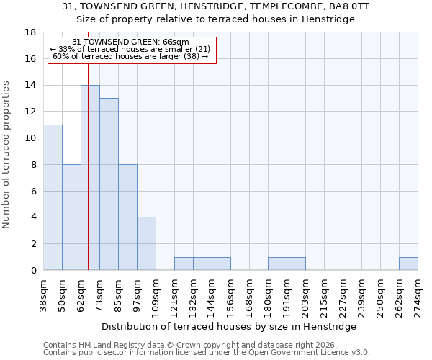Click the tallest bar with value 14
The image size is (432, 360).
[x=90, y=177]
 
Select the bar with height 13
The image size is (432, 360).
[x=109, y=184]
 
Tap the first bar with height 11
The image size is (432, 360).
[x=53, y=197]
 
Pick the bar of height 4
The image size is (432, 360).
[x=146, y=243]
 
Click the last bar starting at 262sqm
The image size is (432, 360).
[x=408, y=264]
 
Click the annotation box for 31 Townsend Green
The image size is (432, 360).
[x=131, y=50]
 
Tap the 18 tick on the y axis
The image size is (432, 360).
[x=30, y=32]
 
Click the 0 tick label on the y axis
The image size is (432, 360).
[x=33, y=270]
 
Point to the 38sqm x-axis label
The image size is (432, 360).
[x=43, y=292]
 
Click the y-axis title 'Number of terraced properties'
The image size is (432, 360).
[x=7, y=155]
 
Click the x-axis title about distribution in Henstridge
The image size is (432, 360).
[x=234, y=326]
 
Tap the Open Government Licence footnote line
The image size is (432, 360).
[x=207, y=353]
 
